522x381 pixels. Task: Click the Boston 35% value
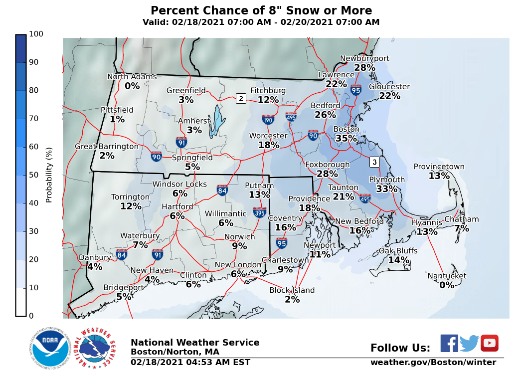[x=346, y=138]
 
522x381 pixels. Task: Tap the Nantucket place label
[x=447, y=276]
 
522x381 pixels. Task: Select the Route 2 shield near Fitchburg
[x=241, y=98]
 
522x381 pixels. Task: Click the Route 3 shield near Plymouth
[x=374, y=162]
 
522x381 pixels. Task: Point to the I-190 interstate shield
[x=268, y=119]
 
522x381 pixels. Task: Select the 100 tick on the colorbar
[x=36, y=34]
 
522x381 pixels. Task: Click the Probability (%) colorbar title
[x=49, y=175]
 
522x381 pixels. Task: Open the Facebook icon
[x=449, y=343]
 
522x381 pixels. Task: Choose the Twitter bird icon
[x=469, y=343]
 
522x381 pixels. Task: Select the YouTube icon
[x=489, y=343]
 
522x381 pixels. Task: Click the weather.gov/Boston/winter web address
[x=433, y=363]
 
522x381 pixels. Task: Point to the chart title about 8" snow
[x=261, y=10]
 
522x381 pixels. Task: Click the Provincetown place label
[x=439, y=167]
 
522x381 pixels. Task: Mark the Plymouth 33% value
[x=386, y=189]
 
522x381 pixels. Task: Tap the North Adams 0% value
[x=132, y=86]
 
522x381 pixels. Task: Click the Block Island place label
[x=292, y=290]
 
